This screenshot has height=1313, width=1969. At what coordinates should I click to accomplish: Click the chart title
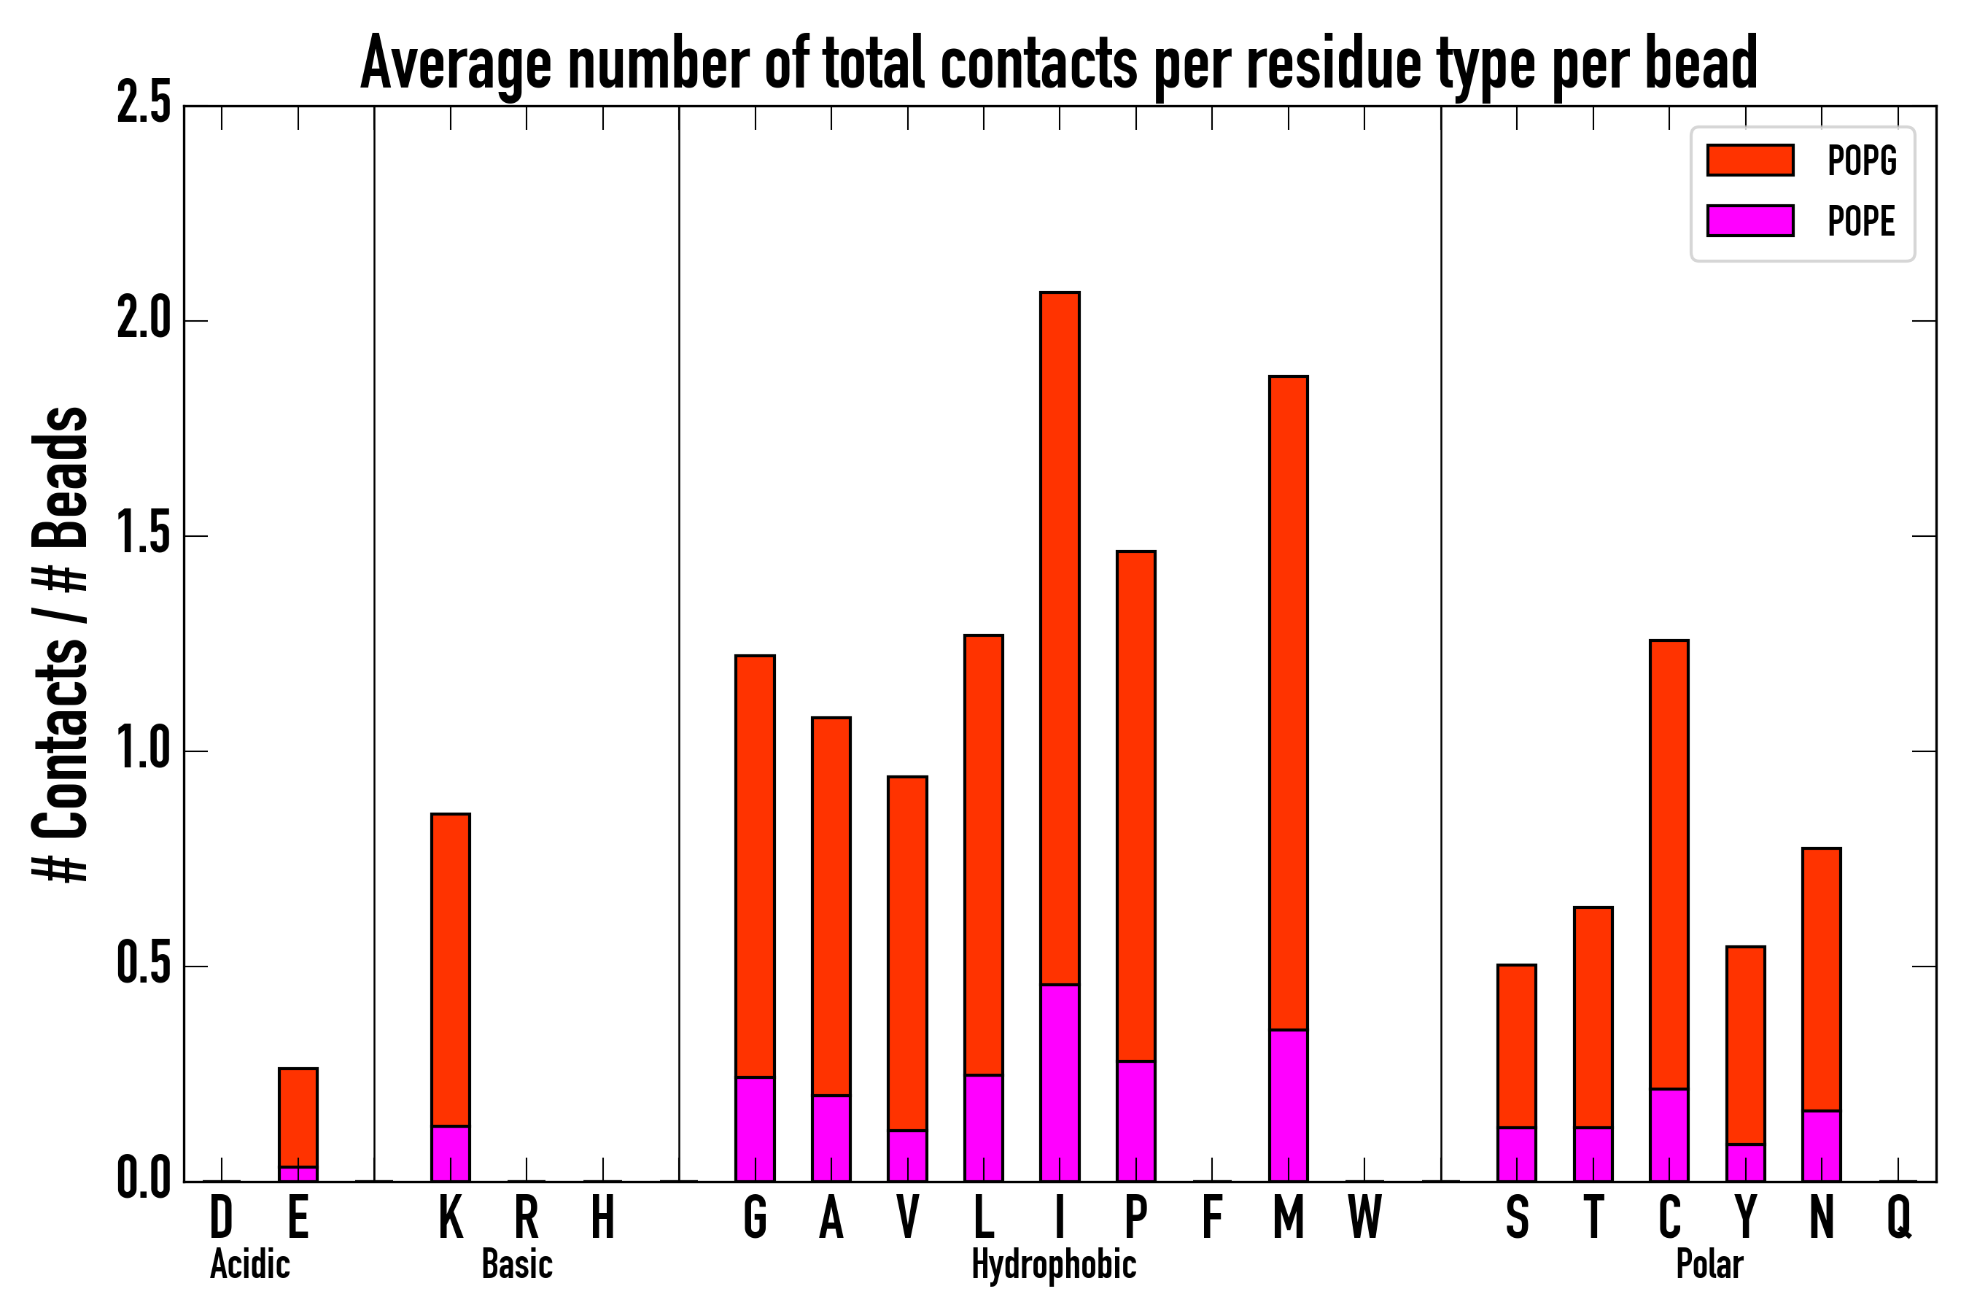[x=1058, y=63]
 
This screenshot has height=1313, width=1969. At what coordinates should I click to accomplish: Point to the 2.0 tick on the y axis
[x=143, y=321]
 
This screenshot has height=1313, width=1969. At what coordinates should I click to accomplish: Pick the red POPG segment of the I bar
[x=1060, y=636]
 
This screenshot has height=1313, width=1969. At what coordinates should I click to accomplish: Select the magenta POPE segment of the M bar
[x=1289, y=1105]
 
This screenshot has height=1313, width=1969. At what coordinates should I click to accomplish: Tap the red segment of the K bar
[x=451, y=969]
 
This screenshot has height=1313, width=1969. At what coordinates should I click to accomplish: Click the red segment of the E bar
[x=298, y=1117]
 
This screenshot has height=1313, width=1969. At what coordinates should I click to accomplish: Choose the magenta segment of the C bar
[x=1669, y=1134]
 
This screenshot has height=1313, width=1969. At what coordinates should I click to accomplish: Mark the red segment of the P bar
[x=1136, y=805]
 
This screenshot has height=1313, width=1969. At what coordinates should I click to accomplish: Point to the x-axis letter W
[x=1364, y=1217]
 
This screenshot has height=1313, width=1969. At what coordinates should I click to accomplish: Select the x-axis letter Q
[x=1899, y=1217]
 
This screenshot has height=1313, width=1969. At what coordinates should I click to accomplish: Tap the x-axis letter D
[x=221, y=1217]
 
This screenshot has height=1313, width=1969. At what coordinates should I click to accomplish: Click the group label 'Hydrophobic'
[x=1053, y=1264]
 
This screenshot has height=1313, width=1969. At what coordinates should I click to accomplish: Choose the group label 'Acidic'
[x=249, y=1264]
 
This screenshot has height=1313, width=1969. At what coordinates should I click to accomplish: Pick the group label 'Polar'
[x=1709, y=1264]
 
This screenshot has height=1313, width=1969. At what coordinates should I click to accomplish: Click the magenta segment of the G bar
[x=755, y=1128]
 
